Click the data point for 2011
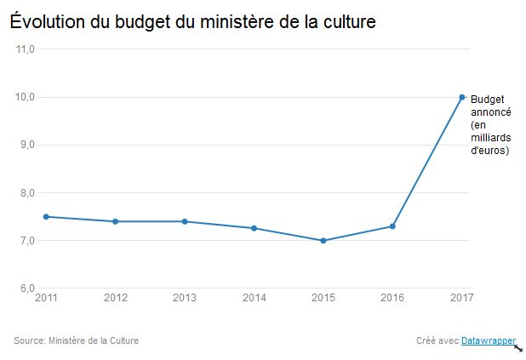tap(47, 216)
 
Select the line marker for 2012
tap(116, 221)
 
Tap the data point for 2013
tap(185, 221)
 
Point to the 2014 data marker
tap(254, 228)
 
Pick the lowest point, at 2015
tap(323, 241)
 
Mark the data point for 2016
tap(392, 226)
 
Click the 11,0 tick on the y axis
tap(26, 49)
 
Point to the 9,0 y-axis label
tap(26, 145)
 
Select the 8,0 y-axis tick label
tap(26, 193)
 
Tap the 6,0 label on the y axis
tap(26, 289)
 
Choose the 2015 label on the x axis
tap(323, 298)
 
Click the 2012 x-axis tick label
tap(116, 298)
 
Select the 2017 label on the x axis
tap(461, 298)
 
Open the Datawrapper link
tap(489, 341)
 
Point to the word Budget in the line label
tap(488, 100)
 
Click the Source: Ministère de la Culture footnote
tap(76, 341)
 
